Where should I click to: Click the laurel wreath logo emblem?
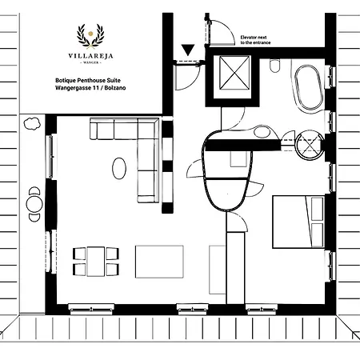click(90, 34)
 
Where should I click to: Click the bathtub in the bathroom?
click(310, 89)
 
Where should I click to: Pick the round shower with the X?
click(309, 146)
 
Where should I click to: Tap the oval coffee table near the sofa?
click(118, 168)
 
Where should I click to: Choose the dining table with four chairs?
click(96, 261)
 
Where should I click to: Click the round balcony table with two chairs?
click(34, 202)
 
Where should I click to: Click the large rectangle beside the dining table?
click(159, 261)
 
